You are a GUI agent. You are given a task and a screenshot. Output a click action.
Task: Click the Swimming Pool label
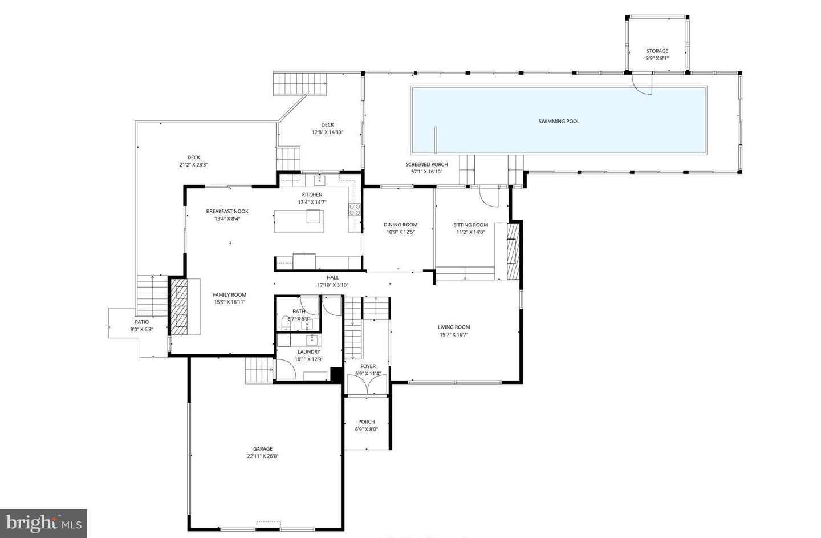click(559, 121)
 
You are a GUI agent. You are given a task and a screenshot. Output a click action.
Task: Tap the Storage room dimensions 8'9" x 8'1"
click(657, 58)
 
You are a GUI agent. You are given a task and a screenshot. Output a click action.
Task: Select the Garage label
click(263, 449)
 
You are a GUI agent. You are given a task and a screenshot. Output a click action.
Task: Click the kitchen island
click(299, 221)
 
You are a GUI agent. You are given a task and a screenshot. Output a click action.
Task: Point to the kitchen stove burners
click(355, 209)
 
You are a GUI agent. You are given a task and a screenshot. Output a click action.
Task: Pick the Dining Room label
click(400, 225)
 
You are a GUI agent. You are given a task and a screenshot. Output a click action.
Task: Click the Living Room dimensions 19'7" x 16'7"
click(454, 335)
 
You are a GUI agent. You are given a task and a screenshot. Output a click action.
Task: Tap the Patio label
click(141, 322)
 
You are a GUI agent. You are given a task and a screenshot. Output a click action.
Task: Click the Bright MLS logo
click(43, 523)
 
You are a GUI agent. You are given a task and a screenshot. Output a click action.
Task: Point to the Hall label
click(332, 278)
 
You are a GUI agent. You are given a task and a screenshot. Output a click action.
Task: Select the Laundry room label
click(308, 352)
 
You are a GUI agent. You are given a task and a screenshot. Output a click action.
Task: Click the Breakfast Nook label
click(227, 211)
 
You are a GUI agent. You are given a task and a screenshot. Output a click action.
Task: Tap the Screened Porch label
click(426, 164)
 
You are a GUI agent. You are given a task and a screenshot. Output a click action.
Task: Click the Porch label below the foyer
click(366, 422)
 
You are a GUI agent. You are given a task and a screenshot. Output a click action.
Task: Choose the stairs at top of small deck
click(300, 84)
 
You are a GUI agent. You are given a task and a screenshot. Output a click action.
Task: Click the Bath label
click(299, 311)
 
